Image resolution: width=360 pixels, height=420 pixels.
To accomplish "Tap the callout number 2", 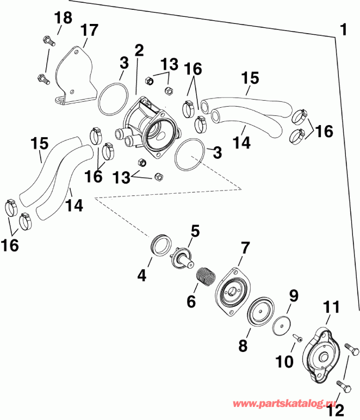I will pyautogui.click(x=139, y=51).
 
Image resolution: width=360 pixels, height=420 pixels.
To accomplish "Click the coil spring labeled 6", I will pyautogui.click(x=204, y=275).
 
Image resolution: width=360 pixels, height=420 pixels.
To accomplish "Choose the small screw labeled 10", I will pyautogui.click(x=298, y=338).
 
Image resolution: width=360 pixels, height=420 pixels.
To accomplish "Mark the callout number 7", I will pyautogui.click(x=245, y=248).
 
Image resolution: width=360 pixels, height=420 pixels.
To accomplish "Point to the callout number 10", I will pyautogui.click(x=285, y=360).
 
